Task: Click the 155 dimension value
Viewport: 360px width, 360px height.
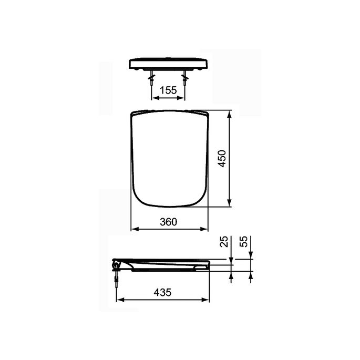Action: pyautogui.click(x=168, y=90)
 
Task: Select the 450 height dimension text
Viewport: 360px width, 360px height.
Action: pyautogui.click(x=222, y=159)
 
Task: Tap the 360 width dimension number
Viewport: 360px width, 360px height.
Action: pyautogui.click(x=168, y=222)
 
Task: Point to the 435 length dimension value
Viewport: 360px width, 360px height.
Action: pyautogui.click(x=163, y=293)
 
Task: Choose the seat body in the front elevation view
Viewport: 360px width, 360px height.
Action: pyautogui.click(x=169, y=64)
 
